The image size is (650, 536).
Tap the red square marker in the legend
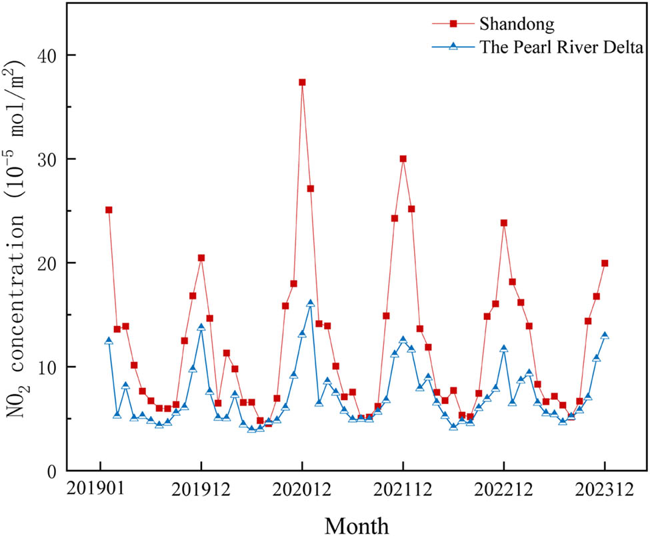453,24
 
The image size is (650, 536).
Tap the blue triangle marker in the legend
453,46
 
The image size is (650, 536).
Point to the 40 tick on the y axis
46,55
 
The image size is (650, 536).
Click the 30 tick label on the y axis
46,159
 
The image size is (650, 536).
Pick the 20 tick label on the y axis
46,263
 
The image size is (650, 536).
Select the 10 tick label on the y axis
46,367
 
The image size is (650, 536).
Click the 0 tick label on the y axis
51,471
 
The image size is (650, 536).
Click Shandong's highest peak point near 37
302,82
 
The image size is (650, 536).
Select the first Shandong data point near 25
109,209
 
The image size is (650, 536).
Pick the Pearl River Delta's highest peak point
311,303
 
